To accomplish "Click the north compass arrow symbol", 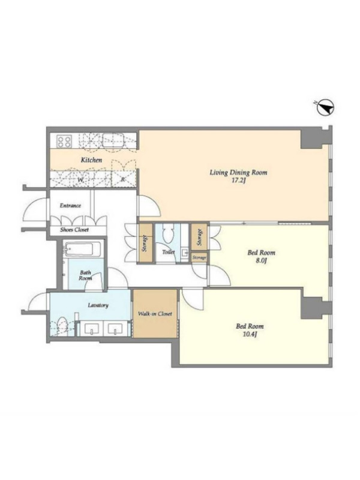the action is (x=325, y=108).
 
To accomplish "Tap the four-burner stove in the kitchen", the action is (x=64, y=142).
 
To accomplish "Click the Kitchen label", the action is (x=91, y=160).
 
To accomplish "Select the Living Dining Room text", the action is (x=238, y=172).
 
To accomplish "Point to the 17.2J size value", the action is (x=239, y=181).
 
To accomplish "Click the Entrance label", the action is (x=70, y=205).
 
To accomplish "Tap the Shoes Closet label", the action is (x=74, y=230).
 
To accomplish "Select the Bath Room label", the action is (x=85, y=275).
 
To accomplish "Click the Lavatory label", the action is (x=98, y=305).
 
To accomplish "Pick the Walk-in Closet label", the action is (x=155, y=314).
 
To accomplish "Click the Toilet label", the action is (x=169, y=252).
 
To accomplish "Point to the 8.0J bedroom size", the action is (x=261, y=261).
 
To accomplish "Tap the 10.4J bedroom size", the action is (x=250, y=334).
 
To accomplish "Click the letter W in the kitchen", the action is (x=80, y=181).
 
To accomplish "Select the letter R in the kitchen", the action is (x=123, y=180).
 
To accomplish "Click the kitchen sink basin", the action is (x=113, y=140).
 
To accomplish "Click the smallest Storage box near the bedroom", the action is (x=199, y=258).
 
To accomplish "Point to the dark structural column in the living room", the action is (x=311, y=139).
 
